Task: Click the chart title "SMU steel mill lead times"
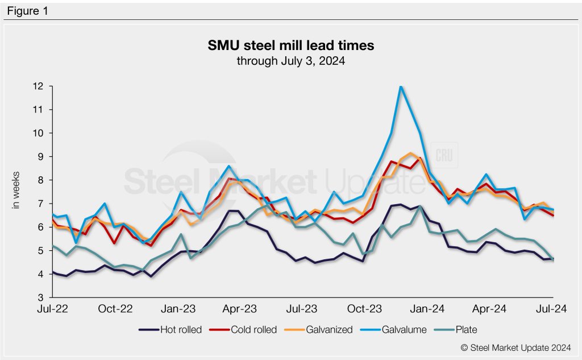290,45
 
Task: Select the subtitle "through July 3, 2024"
290,60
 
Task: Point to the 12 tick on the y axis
39,86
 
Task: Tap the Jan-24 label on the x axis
427,309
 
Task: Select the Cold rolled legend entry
250,329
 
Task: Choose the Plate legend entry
459,329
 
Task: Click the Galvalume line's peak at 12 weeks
401,86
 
